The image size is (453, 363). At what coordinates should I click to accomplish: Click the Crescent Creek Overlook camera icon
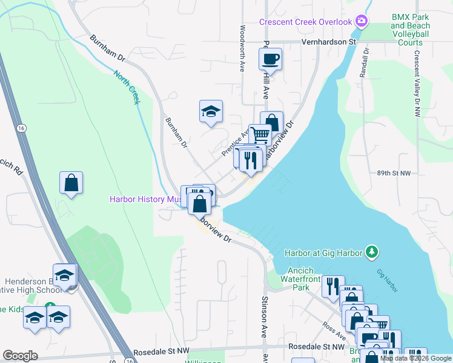(362, 22)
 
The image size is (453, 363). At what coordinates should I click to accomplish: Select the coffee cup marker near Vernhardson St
(270, 59)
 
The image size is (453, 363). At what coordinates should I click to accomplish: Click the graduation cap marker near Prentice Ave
(211, 111)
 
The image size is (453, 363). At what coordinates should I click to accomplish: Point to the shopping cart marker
(260, 134)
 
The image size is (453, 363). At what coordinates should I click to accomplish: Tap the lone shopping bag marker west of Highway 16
(71, 183)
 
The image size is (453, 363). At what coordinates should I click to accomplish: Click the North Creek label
(127, 87)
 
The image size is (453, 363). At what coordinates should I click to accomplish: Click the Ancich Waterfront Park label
(293, 279)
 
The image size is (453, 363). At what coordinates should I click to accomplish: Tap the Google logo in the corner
(20, 356)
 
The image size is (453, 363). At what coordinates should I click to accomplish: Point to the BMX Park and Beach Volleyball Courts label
(411, 30)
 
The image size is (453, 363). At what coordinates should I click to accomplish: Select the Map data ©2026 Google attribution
(415, 358)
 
